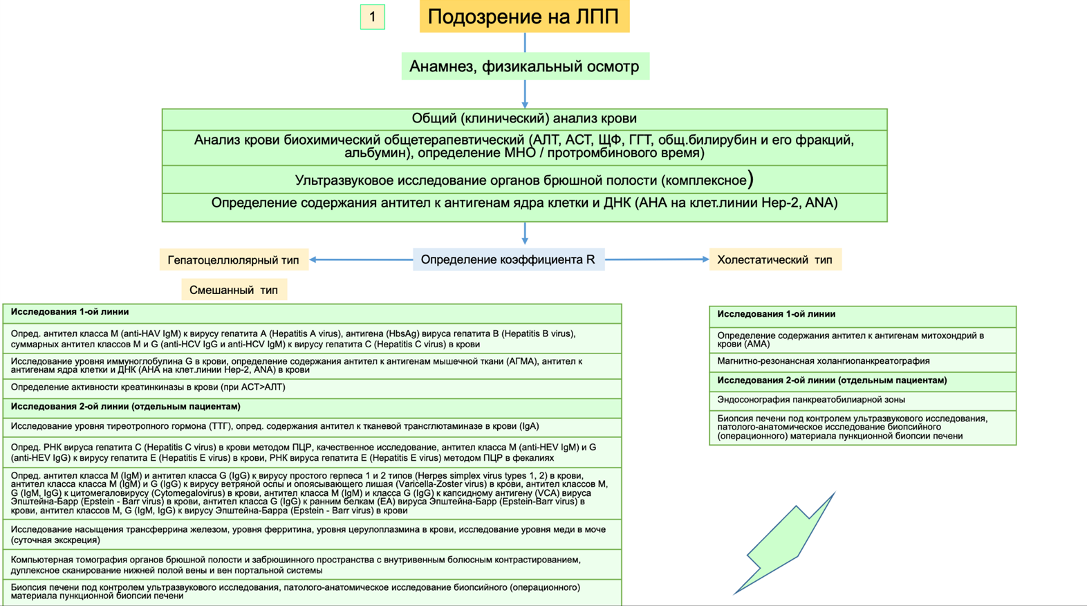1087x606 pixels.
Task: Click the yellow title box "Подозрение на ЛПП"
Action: coord(524,17)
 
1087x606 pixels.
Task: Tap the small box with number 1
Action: coord(373,17)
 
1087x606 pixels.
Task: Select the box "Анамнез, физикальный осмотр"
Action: coord(525,66)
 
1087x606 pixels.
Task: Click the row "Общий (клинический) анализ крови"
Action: coord(524,119)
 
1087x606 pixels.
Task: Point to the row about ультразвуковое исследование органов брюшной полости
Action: coord(524,180)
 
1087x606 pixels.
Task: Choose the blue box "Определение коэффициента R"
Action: coord(508,259)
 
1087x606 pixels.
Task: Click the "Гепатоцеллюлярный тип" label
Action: coord(234,260)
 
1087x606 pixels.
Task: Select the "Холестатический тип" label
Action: coord(774,259)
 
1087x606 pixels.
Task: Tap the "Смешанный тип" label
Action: coord(234,290)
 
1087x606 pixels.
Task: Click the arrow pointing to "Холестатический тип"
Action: coord(657,259)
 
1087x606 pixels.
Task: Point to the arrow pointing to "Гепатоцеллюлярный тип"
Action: coord(361,259)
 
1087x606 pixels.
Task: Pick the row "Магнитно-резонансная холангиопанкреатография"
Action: coord(823,361)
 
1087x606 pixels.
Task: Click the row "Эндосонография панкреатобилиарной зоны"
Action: coord(810,400)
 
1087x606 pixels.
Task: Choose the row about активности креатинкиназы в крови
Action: coord(148,387)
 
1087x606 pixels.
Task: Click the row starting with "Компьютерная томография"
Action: coord(296,564)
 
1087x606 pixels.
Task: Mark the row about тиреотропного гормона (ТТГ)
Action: coord(275,427)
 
